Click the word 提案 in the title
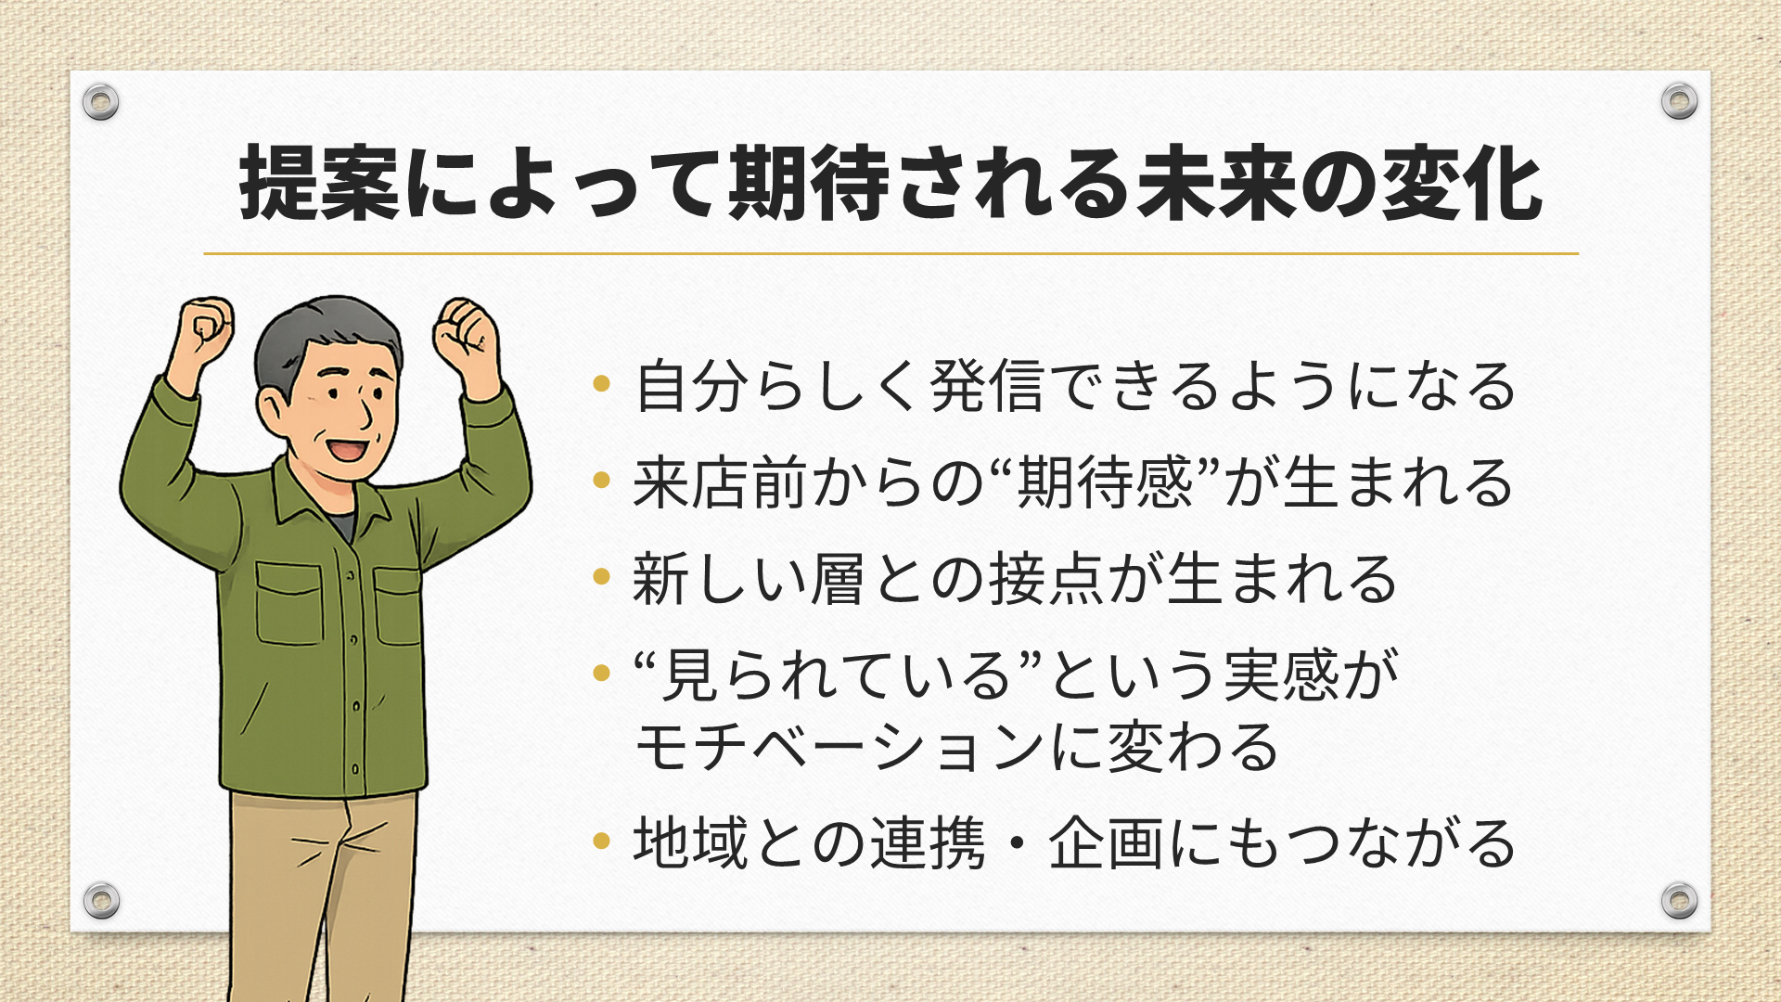coord(320,184)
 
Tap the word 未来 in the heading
coord(1216,184)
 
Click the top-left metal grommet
coord(100,101)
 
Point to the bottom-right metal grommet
coord(1679,900)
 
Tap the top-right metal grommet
coord(1679,100)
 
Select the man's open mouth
coord(348,449)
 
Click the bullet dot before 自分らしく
coord(601,382)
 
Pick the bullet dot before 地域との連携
coord(601,841)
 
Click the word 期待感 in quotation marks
coord(1105,482)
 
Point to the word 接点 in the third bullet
coord(1047,579)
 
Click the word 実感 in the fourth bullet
coord(1282,674)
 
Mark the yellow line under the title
coord(890,252)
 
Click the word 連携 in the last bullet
coord(928,842)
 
